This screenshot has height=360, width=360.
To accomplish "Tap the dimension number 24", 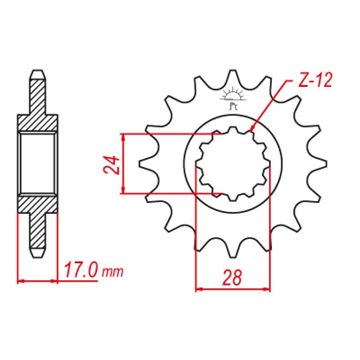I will (x=111, y=165).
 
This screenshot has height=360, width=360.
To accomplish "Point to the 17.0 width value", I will (x=81, y=271).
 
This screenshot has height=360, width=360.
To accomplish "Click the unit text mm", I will (x=112, y=273).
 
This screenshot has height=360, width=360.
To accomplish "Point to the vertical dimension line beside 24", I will (x=123, y=164).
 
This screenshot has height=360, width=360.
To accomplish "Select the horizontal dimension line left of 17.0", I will (x=38, y=282).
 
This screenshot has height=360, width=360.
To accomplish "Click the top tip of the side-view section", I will (x=38, y=72).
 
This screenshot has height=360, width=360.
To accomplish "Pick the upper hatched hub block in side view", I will (x=38, y=123).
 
